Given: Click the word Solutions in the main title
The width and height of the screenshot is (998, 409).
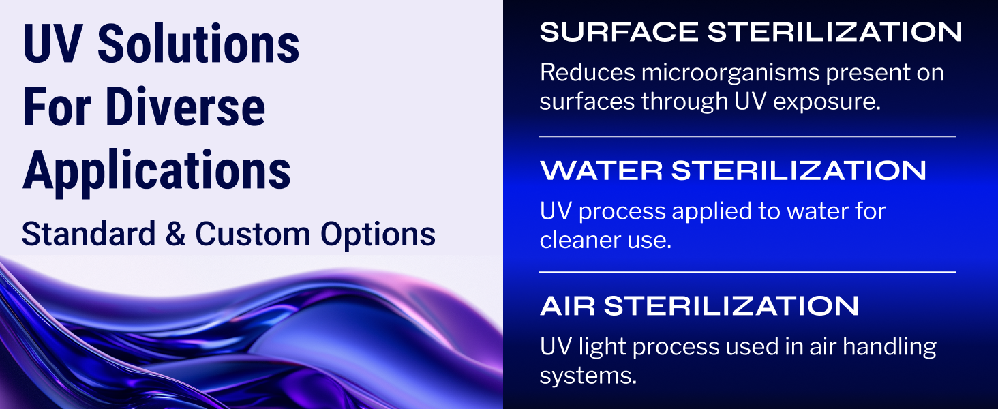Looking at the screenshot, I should [198, 45].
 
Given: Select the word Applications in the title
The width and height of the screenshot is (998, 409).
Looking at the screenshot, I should [157, 170].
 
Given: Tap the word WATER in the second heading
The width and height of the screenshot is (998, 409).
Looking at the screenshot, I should [600, 170].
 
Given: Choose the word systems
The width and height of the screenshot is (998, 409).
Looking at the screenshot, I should [588, 376].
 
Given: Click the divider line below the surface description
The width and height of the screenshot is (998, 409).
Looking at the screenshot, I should [747, 136].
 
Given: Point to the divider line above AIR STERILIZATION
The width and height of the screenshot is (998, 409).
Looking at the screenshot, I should [747, 272].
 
